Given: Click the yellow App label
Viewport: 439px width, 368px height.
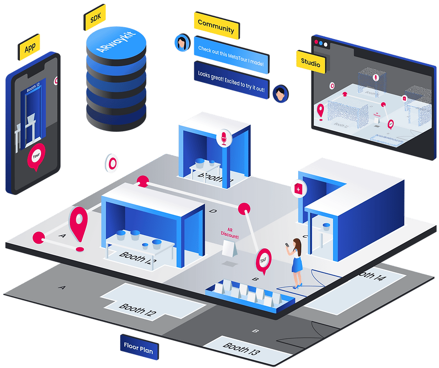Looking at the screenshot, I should click(30, 48).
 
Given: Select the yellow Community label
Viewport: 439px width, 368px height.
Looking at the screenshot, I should click(216, 27).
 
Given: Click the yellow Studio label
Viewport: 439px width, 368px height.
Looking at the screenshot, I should click(310, 62).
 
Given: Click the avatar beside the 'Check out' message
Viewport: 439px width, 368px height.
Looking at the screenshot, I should click(182, 43).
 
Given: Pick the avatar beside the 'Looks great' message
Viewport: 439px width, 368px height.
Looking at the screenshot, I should click(280, 93).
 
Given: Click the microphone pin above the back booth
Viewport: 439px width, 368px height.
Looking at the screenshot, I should click(224, 136).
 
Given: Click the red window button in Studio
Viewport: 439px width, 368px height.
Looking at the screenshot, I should click(316, 43).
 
